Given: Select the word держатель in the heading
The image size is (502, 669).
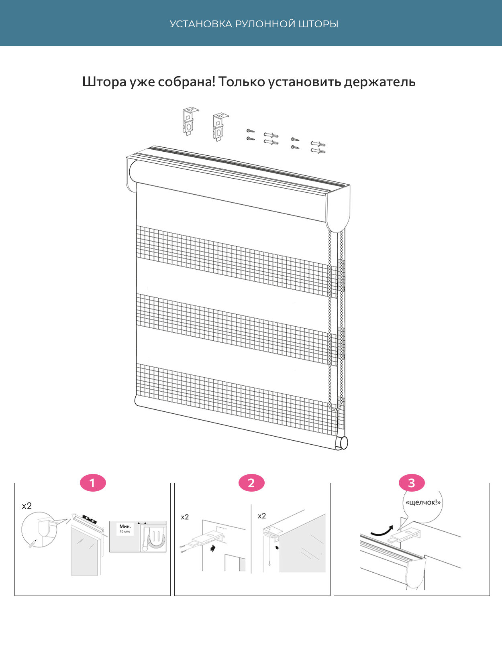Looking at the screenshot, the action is (380, 82).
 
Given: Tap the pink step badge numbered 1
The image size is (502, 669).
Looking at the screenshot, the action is (93, 483).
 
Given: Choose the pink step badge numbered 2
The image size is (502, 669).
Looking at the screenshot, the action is (251, 483).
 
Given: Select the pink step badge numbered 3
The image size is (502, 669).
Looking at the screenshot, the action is (411, 483).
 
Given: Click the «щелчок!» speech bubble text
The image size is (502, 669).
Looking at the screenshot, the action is (423, 502).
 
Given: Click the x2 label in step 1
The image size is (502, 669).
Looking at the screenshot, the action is (27, 506).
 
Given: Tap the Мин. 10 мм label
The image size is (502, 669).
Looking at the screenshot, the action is (125, 529).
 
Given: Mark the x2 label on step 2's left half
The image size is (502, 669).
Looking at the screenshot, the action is (185, 517).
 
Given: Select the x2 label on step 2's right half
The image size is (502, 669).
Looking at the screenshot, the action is (262, 516).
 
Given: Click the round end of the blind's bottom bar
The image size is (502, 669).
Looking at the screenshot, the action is (343, 443).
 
